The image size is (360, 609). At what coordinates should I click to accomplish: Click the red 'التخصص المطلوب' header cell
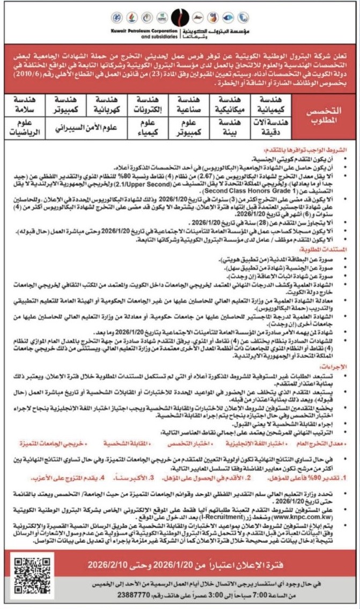click(324, 115)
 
